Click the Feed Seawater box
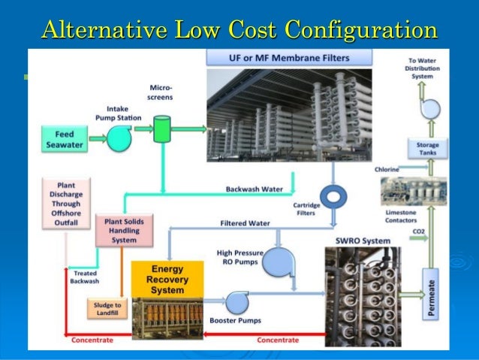coord(65,139)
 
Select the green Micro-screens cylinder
coord(161,129)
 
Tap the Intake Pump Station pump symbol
coord(119,138)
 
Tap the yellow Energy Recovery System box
coord(167,279)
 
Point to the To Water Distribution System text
coord(423,68)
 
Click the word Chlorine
coord(387,171)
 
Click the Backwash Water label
coord(255,189)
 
